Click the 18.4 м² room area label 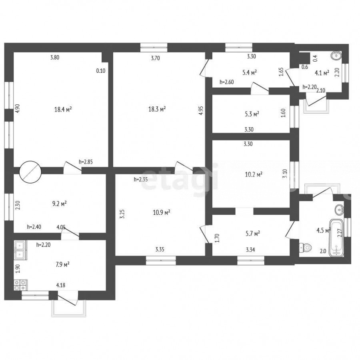63,109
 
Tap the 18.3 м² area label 157,109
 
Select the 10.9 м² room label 162,212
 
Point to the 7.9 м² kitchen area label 63,264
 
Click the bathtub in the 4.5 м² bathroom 336,238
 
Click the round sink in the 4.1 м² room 336,55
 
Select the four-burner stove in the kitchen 20,285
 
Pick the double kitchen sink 20,250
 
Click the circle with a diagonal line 30,172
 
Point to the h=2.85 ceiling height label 86,162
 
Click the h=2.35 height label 141,179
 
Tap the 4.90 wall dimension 18,108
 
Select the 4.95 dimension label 201,110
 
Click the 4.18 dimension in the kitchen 61,285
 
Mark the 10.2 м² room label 254,174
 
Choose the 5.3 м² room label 252,114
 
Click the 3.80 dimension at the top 55,57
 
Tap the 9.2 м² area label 60,204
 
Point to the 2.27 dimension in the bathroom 340,233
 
